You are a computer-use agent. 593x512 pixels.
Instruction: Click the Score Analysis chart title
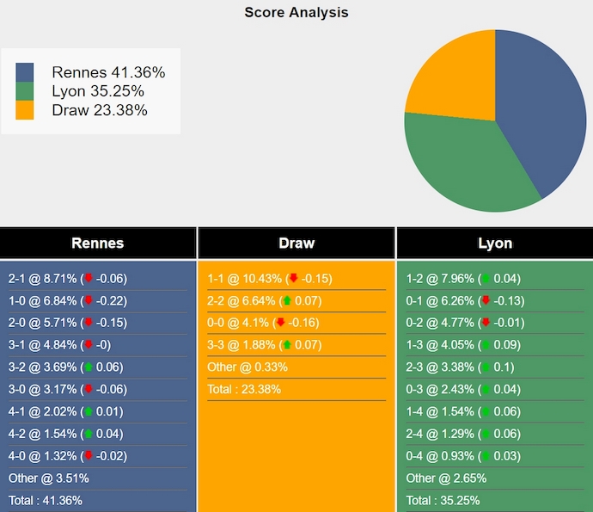[x=296, y=12]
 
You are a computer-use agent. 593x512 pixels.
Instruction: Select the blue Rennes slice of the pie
[x=541, y=112]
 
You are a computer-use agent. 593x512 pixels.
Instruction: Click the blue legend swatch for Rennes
[x=25, y=72]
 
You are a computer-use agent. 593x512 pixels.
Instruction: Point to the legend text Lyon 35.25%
[x=97, y=91]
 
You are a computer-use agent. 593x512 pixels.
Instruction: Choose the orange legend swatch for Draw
[x=25, y=110]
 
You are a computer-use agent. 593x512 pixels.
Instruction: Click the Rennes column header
[x=98, y=243]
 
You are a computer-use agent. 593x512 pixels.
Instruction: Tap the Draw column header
[x=296, y=243]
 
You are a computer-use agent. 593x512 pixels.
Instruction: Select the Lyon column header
[x=495, y=243]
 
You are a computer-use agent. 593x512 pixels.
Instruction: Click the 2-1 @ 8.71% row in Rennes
[x=67, y=279]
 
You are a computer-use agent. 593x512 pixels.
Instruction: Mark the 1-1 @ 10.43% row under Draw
[x=269, y=279]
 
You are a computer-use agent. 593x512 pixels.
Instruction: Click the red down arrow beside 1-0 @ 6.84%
[x=88, y=301]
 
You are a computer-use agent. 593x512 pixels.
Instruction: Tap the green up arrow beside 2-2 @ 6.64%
[x=286, y=301]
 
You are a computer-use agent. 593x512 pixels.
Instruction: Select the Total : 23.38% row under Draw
[x=244, y=389]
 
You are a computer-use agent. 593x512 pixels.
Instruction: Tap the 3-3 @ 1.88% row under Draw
[x=266, y=345]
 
